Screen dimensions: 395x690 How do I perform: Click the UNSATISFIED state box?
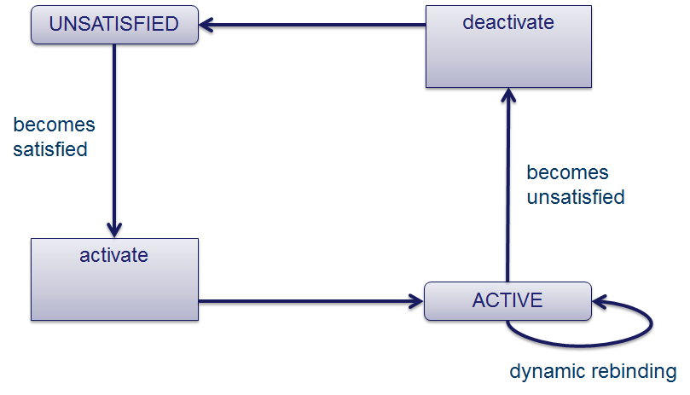pos(114,25)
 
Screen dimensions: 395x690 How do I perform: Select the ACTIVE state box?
pos(507,300)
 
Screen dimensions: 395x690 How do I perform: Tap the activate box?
pos(114,279)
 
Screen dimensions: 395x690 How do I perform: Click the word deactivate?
pos(508,22)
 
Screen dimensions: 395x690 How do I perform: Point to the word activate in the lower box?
pos(114,255)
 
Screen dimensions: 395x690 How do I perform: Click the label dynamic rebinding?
pos(592,372)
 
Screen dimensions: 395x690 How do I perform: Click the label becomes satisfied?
pos(53,137)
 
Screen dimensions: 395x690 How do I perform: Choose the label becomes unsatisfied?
pos(575,184)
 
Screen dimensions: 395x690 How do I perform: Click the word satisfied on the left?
pos(49,149)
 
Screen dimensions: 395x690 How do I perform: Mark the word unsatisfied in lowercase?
pos(575,197)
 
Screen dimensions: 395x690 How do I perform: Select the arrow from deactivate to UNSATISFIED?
pos(316,25)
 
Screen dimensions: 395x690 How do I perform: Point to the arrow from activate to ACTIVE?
pos(311,300)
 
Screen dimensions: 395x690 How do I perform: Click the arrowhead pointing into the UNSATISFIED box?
pos(206,25)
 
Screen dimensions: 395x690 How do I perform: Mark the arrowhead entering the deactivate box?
pos(508,95)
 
